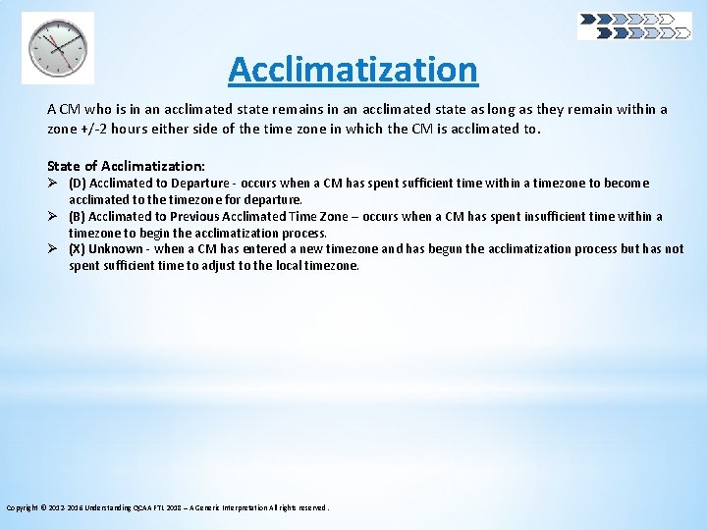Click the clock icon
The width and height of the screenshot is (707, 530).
(58, 47)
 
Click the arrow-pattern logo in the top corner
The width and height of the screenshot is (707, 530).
(634, 26)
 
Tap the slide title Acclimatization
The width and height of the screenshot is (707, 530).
(353, 70)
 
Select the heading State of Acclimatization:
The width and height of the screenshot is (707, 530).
(127, 166)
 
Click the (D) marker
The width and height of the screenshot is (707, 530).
(77, 184)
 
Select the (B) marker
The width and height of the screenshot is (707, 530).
(77, 216)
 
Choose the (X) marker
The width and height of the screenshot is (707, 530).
(77, 248)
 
